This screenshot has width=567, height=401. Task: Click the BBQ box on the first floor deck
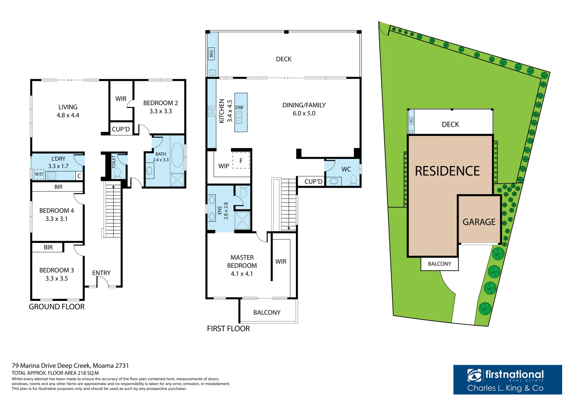211,54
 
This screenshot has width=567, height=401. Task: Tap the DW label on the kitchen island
239,108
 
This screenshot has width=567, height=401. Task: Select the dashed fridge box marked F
241,161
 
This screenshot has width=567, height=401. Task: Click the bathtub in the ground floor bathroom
177,155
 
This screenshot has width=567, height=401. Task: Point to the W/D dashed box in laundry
39,174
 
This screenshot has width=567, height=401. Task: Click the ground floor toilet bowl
117,173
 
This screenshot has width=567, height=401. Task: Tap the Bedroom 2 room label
160,103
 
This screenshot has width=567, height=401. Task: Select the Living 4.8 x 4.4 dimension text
68,115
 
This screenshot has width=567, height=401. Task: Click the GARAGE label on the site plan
479,222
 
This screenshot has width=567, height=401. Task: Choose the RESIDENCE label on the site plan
447,171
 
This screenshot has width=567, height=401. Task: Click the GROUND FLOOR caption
57,307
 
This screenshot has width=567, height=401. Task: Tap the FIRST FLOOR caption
228,329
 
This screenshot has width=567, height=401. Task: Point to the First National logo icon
475,375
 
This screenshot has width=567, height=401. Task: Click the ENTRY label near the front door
101,273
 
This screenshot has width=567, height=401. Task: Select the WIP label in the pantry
224,166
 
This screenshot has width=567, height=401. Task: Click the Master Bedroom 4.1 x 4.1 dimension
242,274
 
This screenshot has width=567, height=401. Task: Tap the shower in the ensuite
242,221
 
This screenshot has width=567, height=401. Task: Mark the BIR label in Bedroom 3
48,247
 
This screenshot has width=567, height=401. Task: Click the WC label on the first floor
346,169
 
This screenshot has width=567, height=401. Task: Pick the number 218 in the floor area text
82,373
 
